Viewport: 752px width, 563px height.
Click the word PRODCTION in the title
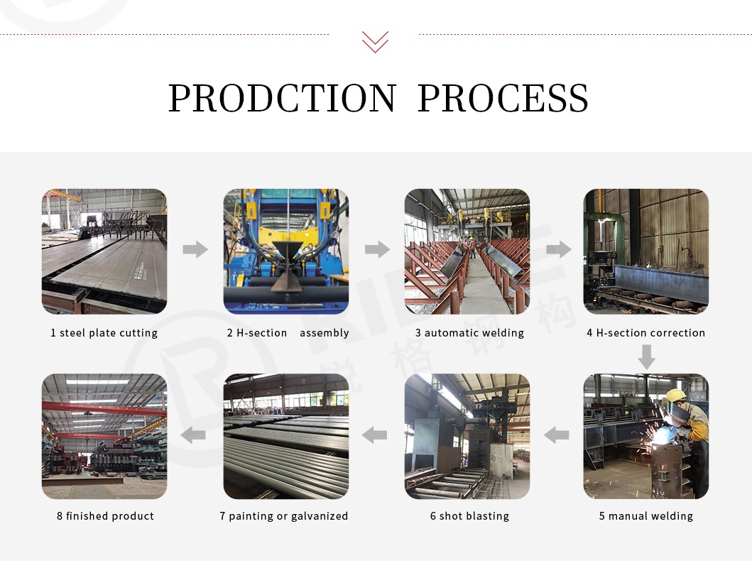click(282, 98)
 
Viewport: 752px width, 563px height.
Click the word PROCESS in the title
click(503, 98)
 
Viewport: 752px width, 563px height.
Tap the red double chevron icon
click(375, 42)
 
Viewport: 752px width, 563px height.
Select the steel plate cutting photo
click(104, 251)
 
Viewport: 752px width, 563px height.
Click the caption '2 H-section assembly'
click(288, 333)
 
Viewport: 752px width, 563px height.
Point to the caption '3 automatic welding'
click(469, 333)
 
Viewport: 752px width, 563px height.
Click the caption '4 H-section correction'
click(645, 333)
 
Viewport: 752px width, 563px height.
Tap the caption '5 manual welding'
click(645, 516)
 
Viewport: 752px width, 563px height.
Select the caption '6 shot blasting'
click(469, 516)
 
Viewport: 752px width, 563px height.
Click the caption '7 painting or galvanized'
click(284, 516)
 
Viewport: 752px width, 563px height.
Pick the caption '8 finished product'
click(105, 516)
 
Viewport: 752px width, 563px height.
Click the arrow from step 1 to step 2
click(195, 249)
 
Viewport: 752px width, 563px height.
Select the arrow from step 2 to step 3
click(378, 249)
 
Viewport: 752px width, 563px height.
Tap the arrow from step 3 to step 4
click(559, 249)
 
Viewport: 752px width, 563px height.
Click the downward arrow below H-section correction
click(646, 357)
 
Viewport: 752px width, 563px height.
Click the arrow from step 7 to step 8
click(193, 435)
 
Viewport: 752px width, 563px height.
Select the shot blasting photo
click(467, 437)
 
